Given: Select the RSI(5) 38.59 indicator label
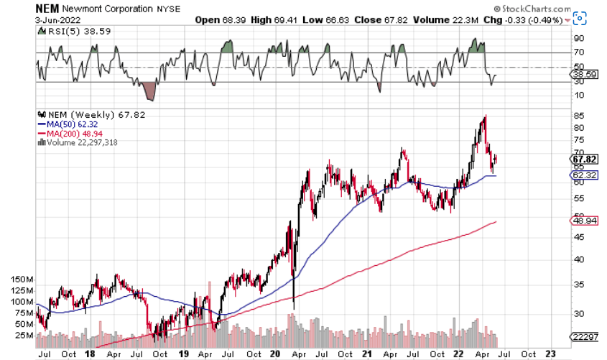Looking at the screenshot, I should [67, 33].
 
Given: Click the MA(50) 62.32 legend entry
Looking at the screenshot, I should [68, 123].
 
